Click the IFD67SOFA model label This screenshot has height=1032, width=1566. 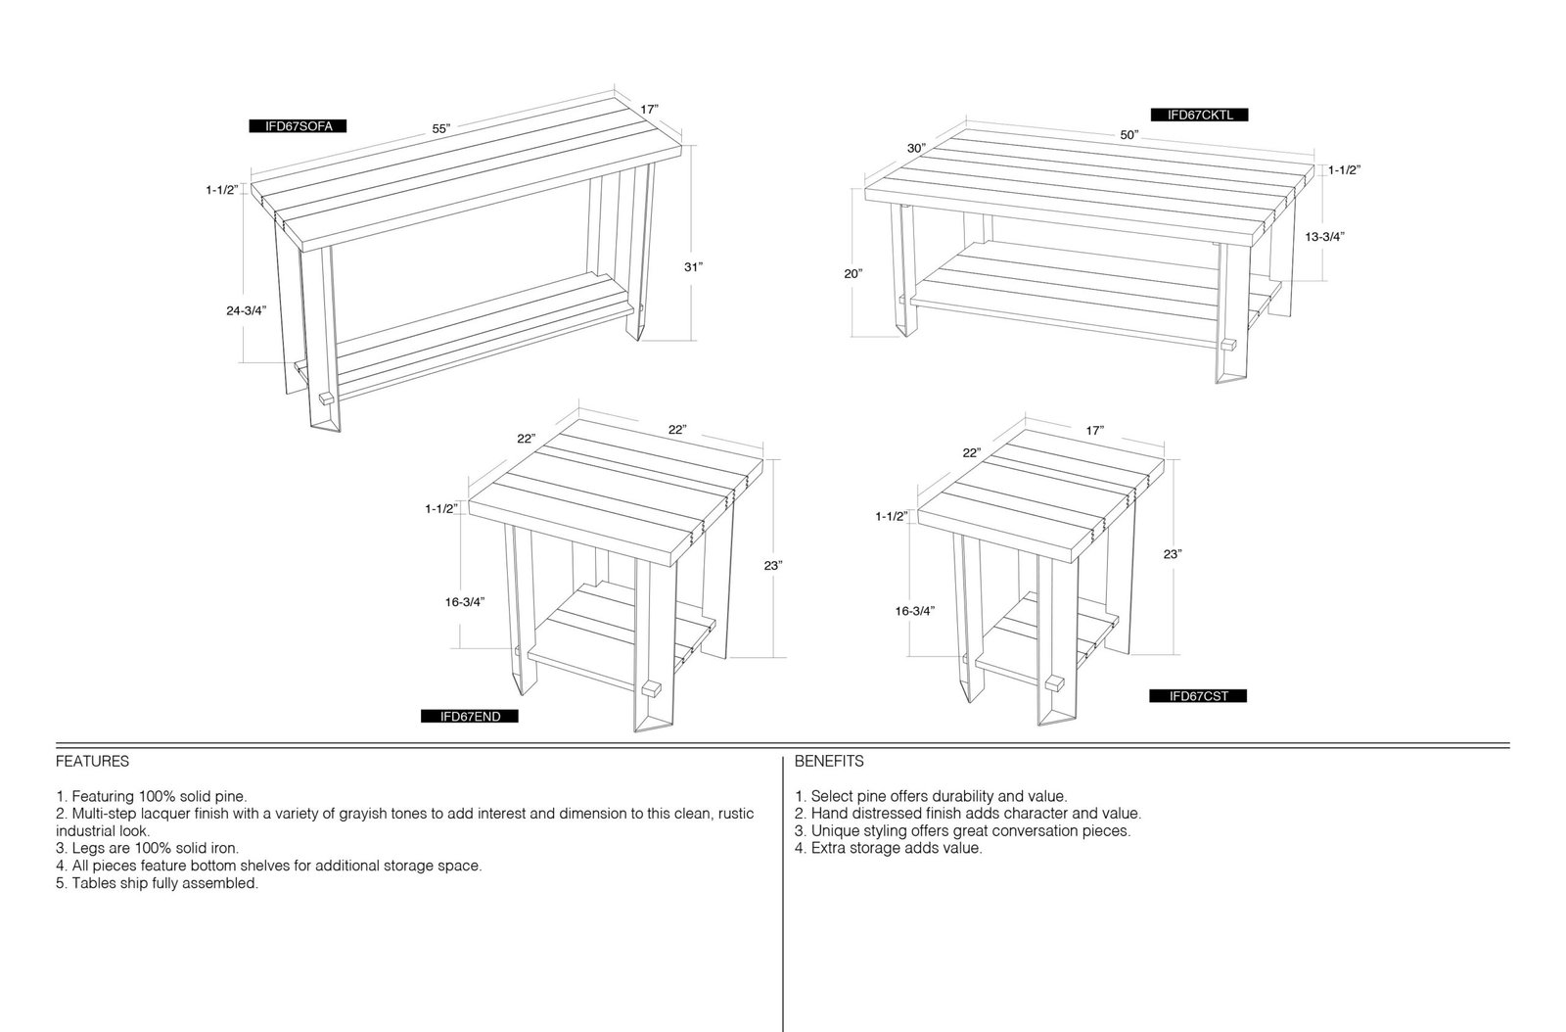click(298, 126)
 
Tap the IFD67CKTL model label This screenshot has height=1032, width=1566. click(1200, 115)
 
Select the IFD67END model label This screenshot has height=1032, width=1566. click(470, 716)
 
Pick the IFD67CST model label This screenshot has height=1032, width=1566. click(1198, 696)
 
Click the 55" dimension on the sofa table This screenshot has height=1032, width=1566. click(441, 128)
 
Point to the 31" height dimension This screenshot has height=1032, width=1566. click(693, 266)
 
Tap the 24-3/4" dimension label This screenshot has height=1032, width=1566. click(246, 310)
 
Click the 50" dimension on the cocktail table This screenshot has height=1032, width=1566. click(1129, 135)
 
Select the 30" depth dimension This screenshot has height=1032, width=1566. click(916, 148)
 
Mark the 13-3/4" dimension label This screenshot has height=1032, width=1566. click(1325, 236)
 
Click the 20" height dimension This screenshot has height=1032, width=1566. click(852, 273)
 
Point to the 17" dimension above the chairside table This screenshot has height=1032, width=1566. click(1095, 431)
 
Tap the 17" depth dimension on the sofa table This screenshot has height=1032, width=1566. click(650, 109)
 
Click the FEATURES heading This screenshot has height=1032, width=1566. click(92, 762)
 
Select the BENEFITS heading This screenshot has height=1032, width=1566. click(829, 762)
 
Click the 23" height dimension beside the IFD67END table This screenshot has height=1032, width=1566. click(772, 565)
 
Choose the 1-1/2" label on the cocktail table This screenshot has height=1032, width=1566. click(1345, 170)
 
